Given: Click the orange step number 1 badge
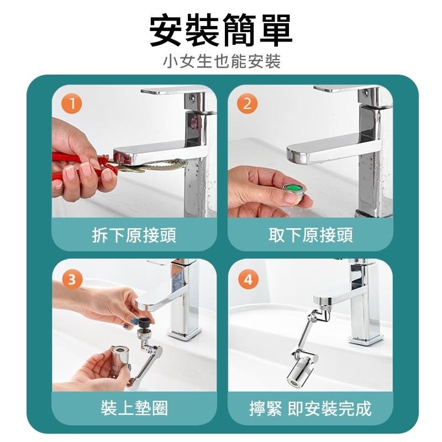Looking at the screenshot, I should pyautogui.click(x=71, y=103).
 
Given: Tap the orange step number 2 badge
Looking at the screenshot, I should pyautogui.click(x=247, y=103).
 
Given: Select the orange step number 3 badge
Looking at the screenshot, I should pyautogui.click(x=71, y=279).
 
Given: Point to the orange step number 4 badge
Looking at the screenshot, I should pyautogui.click(x=247, y=279).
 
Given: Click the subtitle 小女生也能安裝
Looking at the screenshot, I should pyautogui.click(x=221, y=61).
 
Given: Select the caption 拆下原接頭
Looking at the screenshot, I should pyautogui.click(x=134, y=236).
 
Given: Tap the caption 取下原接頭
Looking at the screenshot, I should pyautogui.click(x=311, y=236).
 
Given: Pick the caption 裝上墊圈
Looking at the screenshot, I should pyautogui.click(x=134, y=408).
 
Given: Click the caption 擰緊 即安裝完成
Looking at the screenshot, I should pyautogui.click(x=311, y=408).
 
